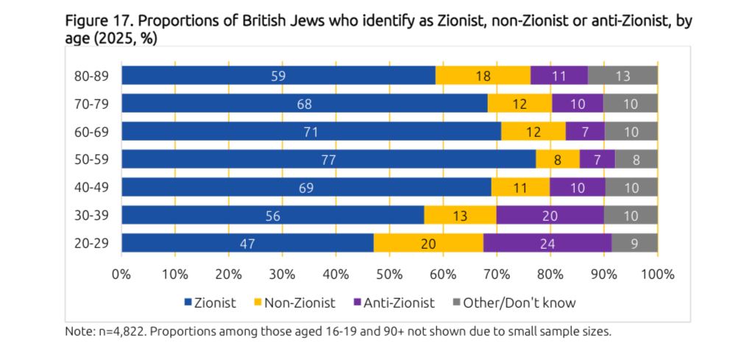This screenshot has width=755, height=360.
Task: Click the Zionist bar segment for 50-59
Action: pyautogui.click(x=328, y=159)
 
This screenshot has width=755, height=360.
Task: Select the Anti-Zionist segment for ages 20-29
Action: pyautogui.click(x=547, y=243)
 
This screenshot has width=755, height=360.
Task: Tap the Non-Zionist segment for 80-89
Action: pyautogui.click(x=483, y=75)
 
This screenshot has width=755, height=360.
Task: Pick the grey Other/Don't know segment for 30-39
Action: pyautogui.click(x=631, y=215)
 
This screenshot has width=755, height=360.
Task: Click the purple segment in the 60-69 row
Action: pyautogui.click(x=585, y=131)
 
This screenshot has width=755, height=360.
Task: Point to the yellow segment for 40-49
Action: pyautogui.click(x=520, y=187)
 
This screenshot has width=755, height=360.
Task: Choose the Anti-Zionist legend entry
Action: pyautogui.click(x=394, y=303)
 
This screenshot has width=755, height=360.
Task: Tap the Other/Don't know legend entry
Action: pyautogui.click(x=513, y=303)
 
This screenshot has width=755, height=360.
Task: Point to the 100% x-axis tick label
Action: pyautogui.click(x=657, y=275)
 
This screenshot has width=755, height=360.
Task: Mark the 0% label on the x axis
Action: pyautogui.click(x=121, y=275)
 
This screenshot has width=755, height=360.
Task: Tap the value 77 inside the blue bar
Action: pyautogui.click(x=328, y=159)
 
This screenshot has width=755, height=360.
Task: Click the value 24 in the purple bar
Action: pyautogui.click(x=547, y=243)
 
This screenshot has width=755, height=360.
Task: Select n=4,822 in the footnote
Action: pyautogui.click(x=116, y=332)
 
